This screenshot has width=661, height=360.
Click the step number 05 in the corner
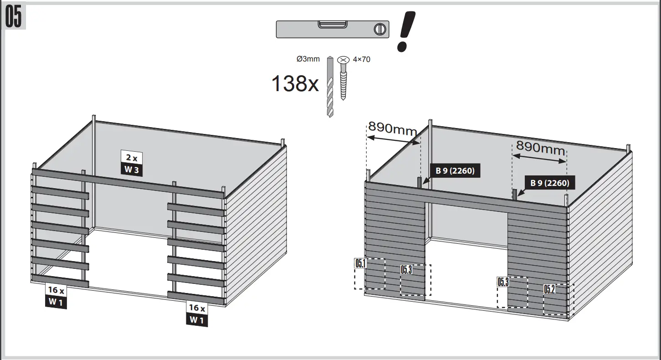click(14, 17)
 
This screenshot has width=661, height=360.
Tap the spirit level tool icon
click(333, 29)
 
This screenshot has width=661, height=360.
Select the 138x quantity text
click(295, 84)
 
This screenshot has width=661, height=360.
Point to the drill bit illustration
click(330, 87)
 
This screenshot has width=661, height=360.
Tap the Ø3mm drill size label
click(308, 59)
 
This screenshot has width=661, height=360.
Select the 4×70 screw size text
click(361, 59)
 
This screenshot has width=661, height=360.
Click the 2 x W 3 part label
click(132, 163)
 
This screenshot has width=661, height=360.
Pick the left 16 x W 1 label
click(56, 296)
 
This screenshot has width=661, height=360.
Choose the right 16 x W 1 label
click(197, 314)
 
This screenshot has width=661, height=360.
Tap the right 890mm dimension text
click(540, 148)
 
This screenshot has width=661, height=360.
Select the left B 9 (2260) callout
click(455, 171)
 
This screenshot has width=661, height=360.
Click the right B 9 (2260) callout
click(549, 183)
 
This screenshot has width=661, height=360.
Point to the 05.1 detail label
click(361, 263)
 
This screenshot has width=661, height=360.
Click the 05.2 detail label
click(549, 289)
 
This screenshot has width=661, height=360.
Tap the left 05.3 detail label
click(406, 269)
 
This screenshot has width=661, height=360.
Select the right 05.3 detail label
click(503, 282)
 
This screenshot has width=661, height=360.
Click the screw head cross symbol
click(343, 60)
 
